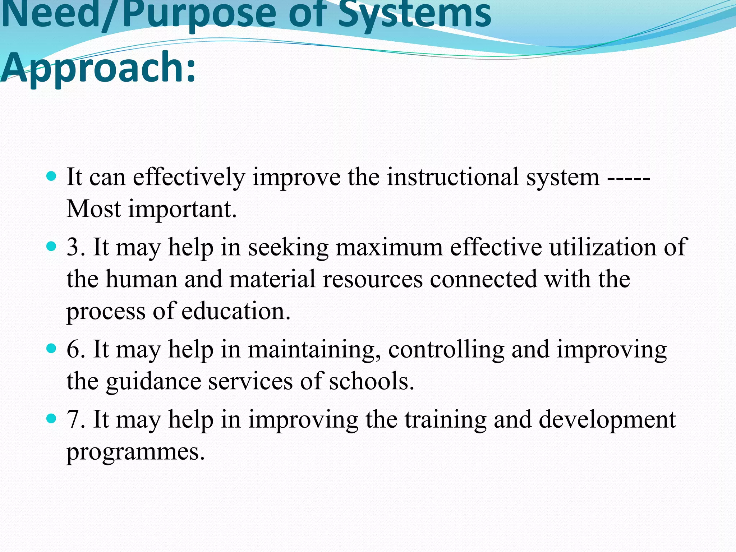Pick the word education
pos(236,311)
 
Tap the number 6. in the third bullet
pos(76,349)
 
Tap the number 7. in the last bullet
pos(76,419)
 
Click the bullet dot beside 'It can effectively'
pos(52,176)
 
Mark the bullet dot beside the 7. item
pos(52,418)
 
